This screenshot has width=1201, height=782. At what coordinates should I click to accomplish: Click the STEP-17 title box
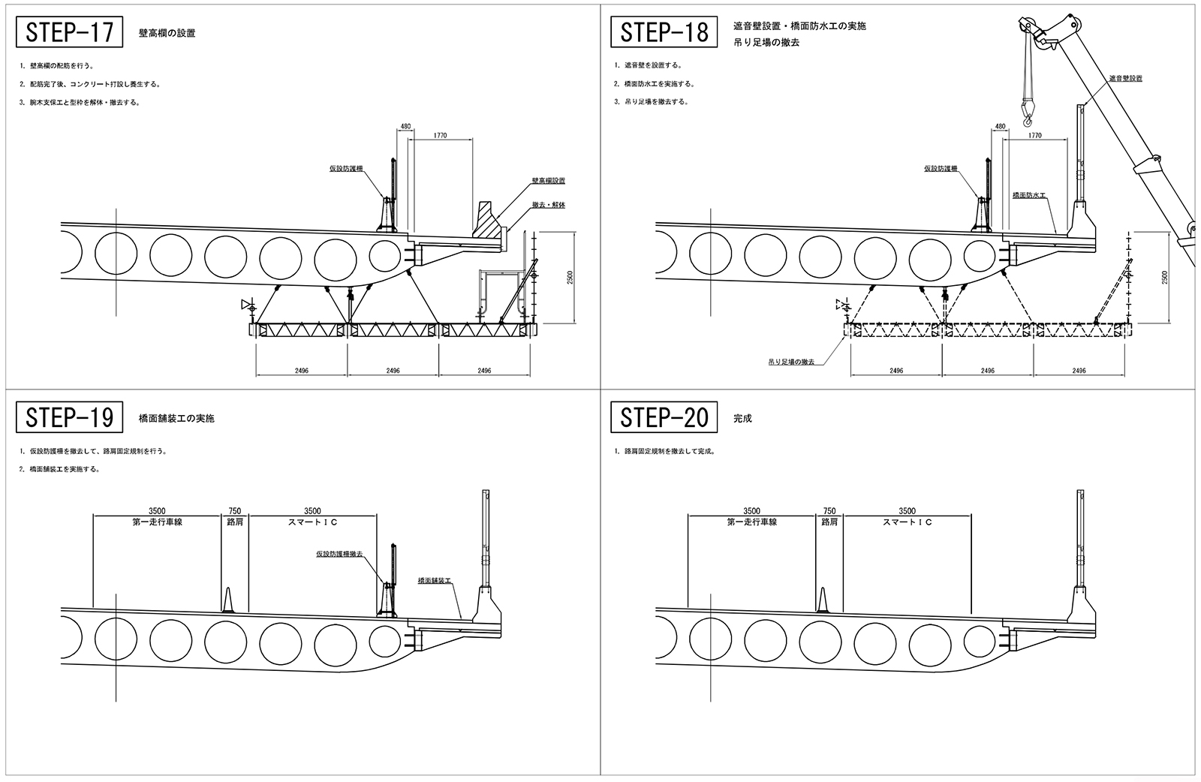pyautogui.click(x=69, y=32)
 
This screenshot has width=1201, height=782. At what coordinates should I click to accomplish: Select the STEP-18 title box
pyautogui.click(x=664, y=32)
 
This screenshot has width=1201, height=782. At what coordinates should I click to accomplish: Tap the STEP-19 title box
pyautogui.click(x=69, y=417)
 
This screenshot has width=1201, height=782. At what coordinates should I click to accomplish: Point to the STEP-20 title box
pyautogui.click(x=664, y=417)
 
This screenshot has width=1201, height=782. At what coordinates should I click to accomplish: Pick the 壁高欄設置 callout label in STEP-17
pyautogui.click(x=548, y=181)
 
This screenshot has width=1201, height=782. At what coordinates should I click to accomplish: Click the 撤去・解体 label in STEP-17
pyautogui.click(x=548, y=205)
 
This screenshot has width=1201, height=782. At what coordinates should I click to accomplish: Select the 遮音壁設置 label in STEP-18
pyautogui.click(x=1125, y=78)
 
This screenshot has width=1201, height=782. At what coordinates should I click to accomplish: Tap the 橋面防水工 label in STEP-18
pyautogui.click(x=1028, y=194)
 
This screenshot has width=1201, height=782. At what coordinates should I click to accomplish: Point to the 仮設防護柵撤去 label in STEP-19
pyautogui.click(x=339, y=554)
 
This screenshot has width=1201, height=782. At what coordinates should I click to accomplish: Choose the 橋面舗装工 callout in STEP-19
pyautogui.click(x=435, y=580)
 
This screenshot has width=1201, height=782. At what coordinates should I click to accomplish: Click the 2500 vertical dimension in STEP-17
pyautogui.click(x=570, y=278)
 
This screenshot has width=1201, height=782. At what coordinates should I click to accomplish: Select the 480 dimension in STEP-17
pyautogui.click(x=405, y=126)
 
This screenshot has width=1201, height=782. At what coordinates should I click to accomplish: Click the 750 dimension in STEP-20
pyautogui.click(x=829, y=511)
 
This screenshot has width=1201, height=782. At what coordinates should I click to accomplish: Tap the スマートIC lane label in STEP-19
pyautogui.click(x=312, y=522)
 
